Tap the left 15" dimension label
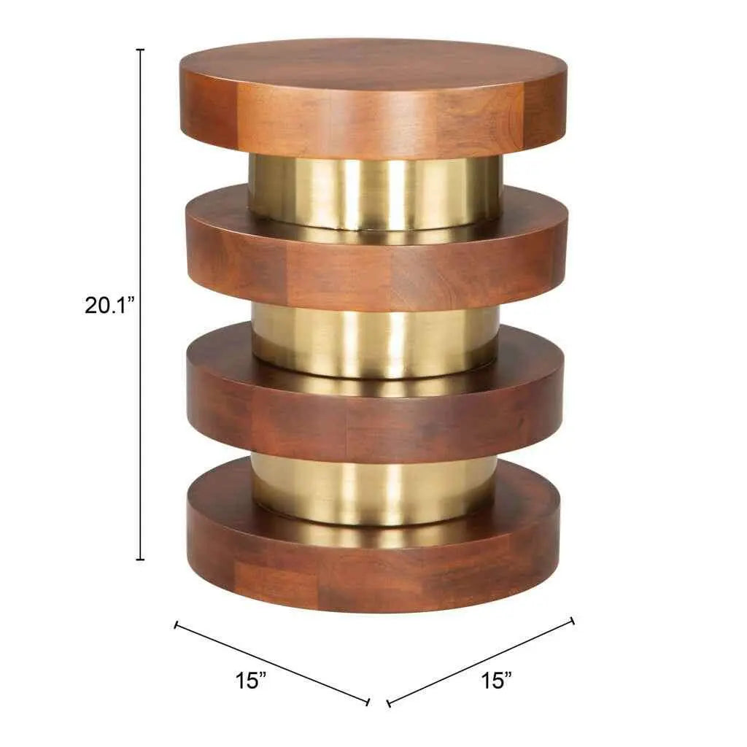(251, 680)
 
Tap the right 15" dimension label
(496, 680)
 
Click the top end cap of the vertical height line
(140, 50)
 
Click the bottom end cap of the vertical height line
(140, 560)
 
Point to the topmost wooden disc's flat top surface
(374, 64)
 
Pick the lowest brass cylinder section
(374, 488)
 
